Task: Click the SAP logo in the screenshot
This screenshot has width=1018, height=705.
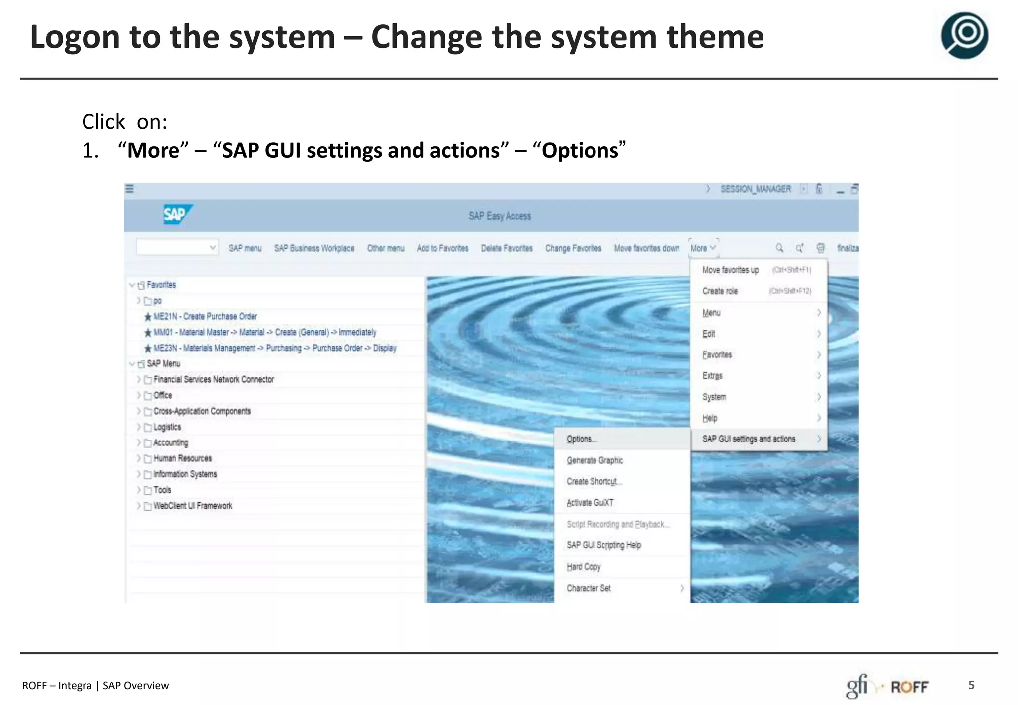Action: point(176,215)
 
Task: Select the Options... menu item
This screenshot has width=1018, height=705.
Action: point(581,439)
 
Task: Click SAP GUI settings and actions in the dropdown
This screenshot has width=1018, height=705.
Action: point(749,439)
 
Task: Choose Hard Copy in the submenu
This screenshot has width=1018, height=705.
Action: point(584,567)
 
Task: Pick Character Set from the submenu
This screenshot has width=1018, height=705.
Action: point(589,588)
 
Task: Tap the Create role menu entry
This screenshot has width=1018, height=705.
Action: point(720,291)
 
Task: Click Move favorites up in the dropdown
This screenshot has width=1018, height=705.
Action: point(730,270)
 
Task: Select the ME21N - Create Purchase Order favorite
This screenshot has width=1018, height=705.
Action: point(205,317)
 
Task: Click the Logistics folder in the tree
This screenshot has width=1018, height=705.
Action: point(167,427)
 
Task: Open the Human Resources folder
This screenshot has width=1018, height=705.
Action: point(182,458)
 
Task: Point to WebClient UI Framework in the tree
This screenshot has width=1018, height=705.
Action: point(192,506)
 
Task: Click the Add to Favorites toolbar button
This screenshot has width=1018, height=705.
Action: point(442,248)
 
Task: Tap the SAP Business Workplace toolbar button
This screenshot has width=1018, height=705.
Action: point(314,248)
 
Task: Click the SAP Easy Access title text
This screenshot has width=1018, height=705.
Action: point(500,216)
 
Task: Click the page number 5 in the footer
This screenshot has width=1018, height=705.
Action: point(971,685)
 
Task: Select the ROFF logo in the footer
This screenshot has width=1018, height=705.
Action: point(909,687)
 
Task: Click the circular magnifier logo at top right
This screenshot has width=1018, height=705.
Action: point(964,36)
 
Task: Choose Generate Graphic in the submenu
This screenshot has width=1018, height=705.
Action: point(594,460)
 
